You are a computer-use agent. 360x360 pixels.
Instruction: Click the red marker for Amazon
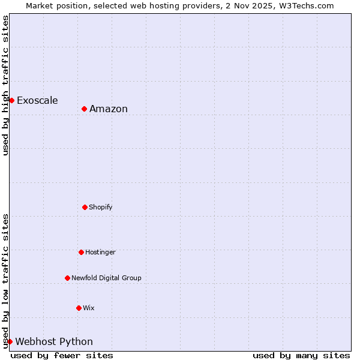(85, 109)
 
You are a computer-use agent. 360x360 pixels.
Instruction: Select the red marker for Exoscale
(11, 100)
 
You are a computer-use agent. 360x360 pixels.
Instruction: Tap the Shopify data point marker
(85, 207)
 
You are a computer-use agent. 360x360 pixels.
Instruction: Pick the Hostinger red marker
(81, 252)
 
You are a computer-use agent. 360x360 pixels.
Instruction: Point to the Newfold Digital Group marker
(67, 278)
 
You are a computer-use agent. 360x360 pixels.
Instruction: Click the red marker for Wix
(79, 308)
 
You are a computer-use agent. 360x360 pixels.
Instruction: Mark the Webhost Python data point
(10, 341)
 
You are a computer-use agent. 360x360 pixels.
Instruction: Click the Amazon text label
(109, 109)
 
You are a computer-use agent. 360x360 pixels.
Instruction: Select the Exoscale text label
(37, 100)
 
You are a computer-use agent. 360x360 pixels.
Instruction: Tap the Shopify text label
(101, 207)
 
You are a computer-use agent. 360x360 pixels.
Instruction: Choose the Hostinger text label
(100, 252)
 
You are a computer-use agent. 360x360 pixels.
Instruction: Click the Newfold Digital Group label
(106, 278)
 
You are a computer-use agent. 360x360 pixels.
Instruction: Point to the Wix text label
(89, 308)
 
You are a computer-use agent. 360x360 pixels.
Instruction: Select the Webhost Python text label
(54, 341)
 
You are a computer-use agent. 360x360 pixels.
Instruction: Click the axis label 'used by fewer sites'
(62, 355)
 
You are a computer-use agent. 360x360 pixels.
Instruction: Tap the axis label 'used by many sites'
(301, 355)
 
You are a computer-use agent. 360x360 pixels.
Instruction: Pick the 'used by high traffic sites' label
(5, 85)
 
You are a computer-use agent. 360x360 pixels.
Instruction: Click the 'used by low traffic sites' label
(5, 281)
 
